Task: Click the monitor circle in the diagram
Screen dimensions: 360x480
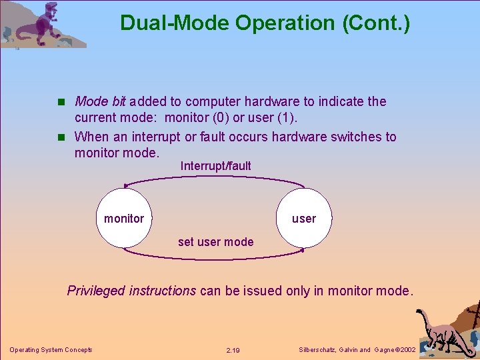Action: [124, 218]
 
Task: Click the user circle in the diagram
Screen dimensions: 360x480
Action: [304, 218]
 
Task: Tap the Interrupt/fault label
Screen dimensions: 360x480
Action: [215, 166]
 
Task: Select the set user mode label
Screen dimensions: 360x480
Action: [215, 242]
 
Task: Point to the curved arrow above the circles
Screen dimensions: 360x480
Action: [213, 178]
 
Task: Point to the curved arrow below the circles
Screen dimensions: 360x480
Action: [213, 256]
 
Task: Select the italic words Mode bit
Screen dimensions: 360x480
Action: [100, 101]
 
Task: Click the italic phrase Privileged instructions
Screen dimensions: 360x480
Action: [131, 291]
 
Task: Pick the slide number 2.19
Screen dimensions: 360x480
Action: [233, 350]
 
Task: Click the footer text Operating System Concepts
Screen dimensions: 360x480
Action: [51, 350]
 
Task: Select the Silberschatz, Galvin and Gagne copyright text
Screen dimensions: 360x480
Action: [357, 350]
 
